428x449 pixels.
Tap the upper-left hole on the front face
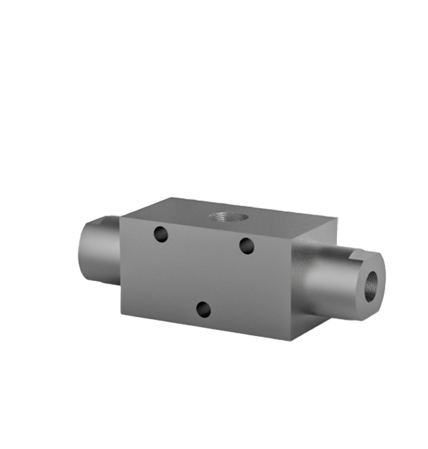[160, 234]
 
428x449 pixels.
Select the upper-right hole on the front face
[247, 245]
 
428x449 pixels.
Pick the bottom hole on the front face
[203, 310]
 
